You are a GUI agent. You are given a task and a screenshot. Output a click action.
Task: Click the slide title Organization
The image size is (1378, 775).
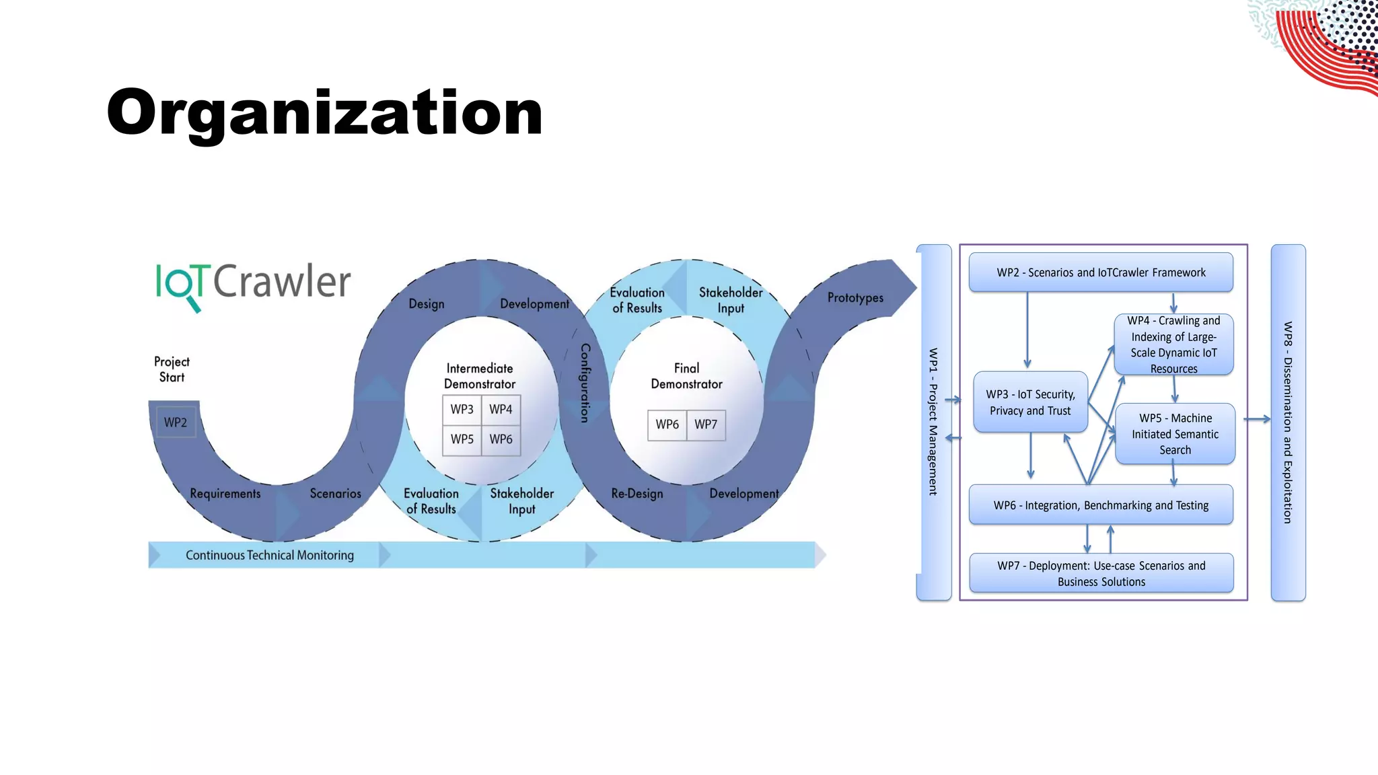pos(324,112)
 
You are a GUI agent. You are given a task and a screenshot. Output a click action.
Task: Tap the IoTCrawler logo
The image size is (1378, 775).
pos(253,283)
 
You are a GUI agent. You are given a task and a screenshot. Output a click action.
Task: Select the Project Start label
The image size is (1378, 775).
pos(172,369)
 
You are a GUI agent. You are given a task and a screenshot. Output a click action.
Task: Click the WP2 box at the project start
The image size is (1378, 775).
pos(176,422)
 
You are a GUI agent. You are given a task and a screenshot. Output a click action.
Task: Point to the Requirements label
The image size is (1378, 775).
pos(225,494)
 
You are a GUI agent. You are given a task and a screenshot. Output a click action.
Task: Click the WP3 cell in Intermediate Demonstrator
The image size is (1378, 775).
pos(462,409)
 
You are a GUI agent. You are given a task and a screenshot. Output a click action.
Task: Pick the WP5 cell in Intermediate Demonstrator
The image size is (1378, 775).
pos(462,439)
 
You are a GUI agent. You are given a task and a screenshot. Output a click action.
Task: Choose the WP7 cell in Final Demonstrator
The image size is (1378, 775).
pos(706,425)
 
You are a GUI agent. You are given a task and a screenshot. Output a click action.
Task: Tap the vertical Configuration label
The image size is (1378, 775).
pos(585,383)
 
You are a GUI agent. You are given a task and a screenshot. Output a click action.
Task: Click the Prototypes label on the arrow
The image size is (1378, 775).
pos(855,297)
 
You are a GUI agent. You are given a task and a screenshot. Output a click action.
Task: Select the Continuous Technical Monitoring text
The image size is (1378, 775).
pos(269,555)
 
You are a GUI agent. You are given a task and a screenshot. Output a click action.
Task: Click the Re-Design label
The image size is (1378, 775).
pos(637,494)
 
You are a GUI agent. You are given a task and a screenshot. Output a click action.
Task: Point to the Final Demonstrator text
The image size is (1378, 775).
pos(686,376)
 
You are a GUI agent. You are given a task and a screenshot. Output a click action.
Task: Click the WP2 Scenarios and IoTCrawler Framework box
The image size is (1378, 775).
pos(1101,272)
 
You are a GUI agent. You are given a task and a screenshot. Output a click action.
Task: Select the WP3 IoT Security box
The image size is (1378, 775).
pos(1030,402)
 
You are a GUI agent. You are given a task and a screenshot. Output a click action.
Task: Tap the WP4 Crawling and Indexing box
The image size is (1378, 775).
pos(1173,344)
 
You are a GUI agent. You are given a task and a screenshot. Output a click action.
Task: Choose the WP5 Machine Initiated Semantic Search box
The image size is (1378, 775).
pos(1175,434)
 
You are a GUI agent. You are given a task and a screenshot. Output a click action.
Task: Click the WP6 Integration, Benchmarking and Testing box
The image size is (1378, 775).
pos(1101,505)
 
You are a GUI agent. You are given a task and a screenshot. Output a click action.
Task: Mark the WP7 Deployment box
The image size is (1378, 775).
pos(1101,573)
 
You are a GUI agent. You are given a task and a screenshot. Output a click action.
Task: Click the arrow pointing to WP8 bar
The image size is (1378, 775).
pos(1257,419)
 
